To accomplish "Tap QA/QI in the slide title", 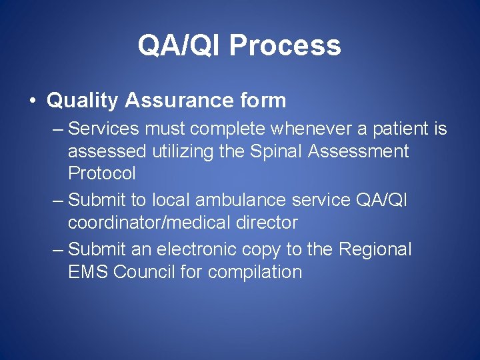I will pos(179,46).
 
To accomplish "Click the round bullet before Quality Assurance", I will pos(32,101).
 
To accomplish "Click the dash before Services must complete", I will pos(58,128).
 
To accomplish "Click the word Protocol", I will pos(101,174).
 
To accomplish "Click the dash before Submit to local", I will pos(58,200).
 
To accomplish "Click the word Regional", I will pos(375,249).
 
